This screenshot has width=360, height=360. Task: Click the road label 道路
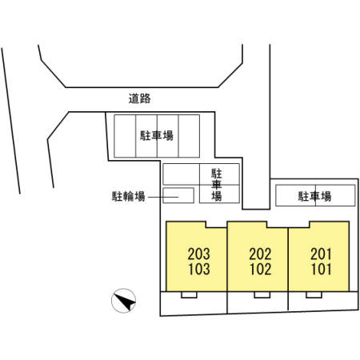(x=139, y=98)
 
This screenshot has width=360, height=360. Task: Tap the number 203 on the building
(x=199, y=254)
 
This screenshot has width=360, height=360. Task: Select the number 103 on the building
(x=199, y=269)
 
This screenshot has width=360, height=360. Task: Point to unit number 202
(x=260, y=254)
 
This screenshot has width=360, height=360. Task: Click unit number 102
(x=260, y=269)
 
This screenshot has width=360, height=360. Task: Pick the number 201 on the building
(x=322, y=254)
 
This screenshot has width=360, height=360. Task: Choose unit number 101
(x=322, y=269)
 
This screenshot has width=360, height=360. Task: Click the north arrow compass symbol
(x=123, y=301)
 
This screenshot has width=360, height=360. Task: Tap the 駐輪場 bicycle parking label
(x=128, y=196)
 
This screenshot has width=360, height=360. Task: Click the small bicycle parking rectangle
(x=178, y=195)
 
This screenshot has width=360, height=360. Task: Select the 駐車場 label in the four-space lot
(x=157, y=135)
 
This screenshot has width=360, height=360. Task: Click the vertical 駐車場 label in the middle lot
(x=217, y=185)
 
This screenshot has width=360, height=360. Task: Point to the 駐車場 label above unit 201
(x=314, y=196)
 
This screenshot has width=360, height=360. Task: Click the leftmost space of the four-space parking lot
(x=125, y=136)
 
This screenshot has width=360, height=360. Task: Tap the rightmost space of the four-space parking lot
(x=189, y=136)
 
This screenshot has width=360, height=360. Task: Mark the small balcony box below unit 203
(x=189, y=294)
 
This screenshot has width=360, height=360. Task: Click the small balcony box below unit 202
(x=262, y=294)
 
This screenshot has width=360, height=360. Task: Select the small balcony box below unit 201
(x=314, y=294)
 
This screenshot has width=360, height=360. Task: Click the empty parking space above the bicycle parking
(x=182, y=174)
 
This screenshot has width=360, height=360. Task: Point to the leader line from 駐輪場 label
(x=163, y=197)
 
